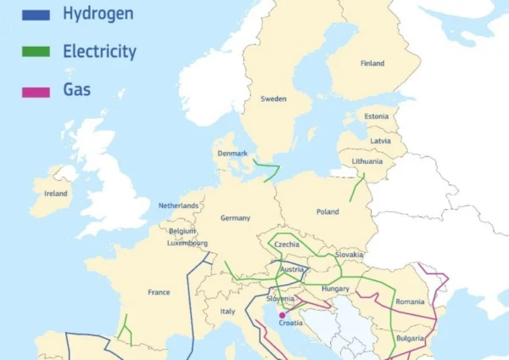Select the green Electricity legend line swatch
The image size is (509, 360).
[36, 52]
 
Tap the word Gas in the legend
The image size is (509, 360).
[77, 89]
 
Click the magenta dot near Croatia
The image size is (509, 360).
[282, 315]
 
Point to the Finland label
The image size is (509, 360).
[372, 64]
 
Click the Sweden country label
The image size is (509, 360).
[273, 99]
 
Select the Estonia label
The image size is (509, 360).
[376, 116]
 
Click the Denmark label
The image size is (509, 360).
[232, 154]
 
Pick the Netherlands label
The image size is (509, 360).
[178, 205]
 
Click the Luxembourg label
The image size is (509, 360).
[187, 243]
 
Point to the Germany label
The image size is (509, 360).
[235, 218]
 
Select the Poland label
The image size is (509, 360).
[327, 211]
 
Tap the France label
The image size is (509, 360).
[159, 292]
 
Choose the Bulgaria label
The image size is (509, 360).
[410, 338]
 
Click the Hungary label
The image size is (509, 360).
[336, 289]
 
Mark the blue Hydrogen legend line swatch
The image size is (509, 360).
[36, 14]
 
